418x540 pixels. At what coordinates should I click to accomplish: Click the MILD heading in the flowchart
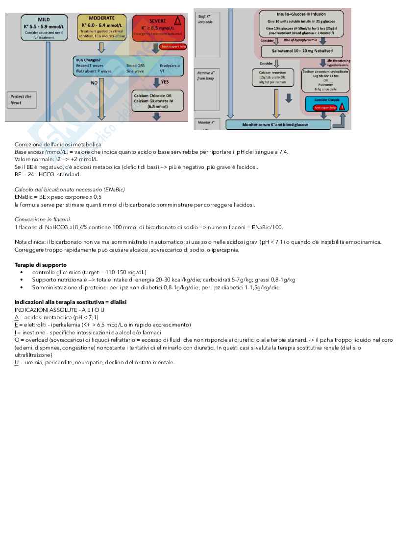tap(44, 20)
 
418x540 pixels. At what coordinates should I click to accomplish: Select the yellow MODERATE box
tap(101, 27)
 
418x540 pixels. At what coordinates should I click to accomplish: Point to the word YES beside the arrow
tap(165, 82)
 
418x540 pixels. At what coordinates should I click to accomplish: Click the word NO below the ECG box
tap(94, 83)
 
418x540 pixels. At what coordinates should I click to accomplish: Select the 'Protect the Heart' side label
tap(21, 99)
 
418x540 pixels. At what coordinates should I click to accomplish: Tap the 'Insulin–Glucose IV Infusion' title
tap(301, 15)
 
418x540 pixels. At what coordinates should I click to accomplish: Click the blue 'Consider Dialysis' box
tap(326, 100)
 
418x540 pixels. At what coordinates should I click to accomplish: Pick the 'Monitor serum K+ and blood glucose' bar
tap(278, 125)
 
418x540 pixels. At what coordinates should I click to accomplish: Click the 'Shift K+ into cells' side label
tap(206, 19)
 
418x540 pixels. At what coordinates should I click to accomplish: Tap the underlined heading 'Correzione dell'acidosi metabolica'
tap(58, 144)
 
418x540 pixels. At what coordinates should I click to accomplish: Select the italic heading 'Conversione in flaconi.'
tap(43, 219)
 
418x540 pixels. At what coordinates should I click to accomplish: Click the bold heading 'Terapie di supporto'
tap(40, 265)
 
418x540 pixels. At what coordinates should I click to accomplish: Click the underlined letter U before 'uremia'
tap(17, 362)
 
